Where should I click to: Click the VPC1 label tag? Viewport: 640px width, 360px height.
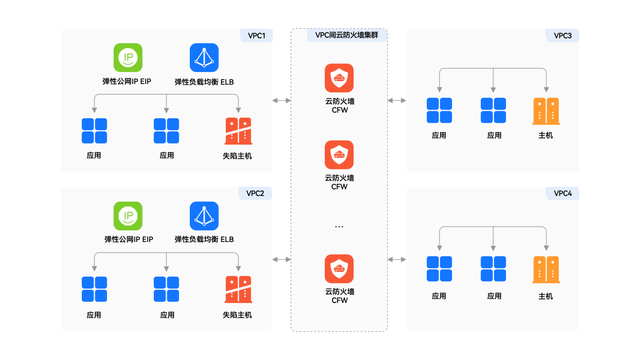(256, 36)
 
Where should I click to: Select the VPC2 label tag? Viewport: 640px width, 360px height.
(255, 194)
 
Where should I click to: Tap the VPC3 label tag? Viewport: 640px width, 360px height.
(562, 36)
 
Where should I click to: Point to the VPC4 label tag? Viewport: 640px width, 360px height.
(562, 194)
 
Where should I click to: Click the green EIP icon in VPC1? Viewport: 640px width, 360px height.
(128, 58)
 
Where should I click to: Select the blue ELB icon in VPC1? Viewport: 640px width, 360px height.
(204, 58)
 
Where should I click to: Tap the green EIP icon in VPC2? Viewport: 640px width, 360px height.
(128, 216)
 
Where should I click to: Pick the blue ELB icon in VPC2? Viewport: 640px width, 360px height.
(204, 216)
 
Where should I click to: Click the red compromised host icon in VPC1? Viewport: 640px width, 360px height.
(238, 131)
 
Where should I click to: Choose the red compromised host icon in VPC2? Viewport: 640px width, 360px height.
(238, 289)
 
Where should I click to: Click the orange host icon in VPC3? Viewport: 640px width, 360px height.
(546, 111)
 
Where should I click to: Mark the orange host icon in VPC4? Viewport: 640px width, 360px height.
(546, 270)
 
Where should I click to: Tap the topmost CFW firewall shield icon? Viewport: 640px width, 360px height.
(339, 78)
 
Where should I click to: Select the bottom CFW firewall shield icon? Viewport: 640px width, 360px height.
(339, 269)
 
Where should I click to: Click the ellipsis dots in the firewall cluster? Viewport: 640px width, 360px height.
(339, 227)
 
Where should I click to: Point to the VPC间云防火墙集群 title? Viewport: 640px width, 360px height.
(346, 35)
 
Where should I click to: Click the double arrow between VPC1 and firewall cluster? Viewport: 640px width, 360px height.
(281, 100)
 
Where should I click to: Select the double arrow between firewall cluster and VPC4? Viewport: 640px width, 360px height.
(397, 260)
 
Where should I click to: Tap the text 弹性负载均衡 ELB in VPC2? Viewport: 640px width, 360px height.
(204, 239)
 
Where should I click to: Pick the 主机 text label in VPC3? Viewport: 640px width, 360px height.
(546, 136)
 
